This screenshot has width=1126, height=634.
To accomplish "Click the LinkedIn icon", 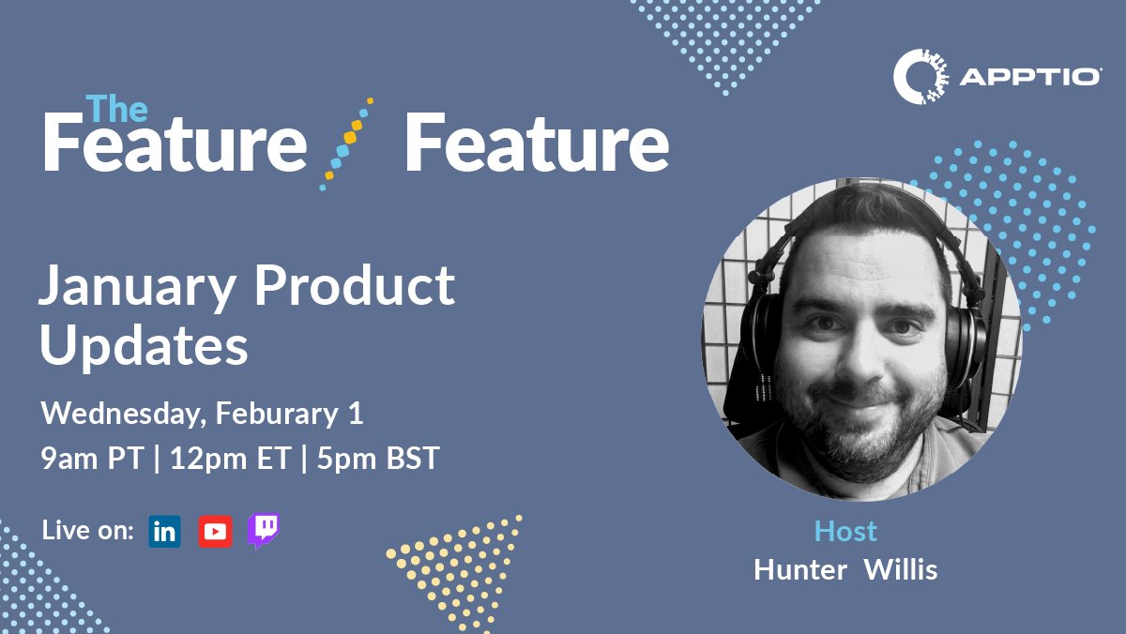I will click(164, 532).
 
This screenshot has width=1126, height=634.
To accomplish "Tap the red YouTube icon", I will click(215, 532).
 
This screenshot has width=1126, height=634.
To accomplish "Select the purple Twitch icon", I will click(263, 531).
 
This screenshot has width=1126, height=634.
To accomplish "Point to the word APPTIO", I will click(1030, 78).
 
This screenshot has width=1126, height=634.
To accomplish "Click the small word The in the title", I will click(116, 110).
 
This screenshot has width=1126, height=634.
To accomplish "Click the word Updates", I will click(144, 346).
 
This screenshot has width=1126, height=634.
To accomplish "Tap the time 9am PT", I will click(91, 460).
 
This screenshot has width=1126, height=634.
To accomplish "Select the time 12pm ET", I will click(231, 460).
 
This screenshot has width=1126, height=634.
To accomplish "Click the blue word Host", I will click(845, 531).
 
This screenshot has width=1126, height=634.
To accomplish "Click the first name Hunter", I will click(800, 569).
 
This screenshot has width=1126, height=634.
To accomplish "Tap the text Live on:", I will click(88, 531).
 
